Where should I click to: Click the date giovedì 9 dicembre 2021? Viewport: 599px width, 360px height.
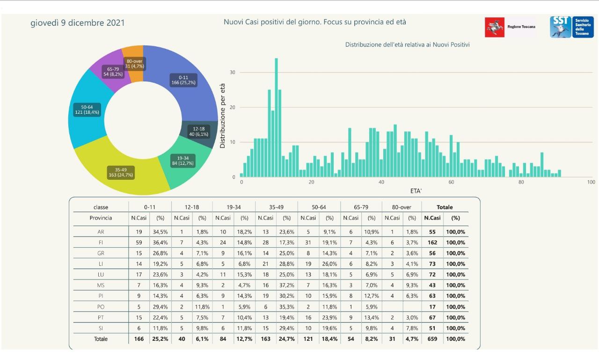[78, 22]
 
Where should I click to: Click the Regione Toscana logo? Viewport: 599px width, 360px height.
[511, 27]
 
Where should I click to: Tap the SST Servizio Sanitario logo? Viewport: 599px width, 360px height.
[571, 27]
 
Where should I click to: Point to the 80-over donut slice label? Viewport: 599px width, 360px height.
[134, 64]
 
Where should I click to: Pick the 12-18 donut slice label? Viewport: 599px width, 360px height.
[198, 132]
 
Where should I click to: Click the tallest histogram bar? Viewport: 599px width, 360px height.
[276, 117]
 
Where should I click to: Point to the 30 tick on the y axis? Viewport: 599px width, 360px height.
[232, 73]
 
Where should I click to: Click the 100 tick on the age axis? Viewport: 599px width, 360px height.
[591, 182]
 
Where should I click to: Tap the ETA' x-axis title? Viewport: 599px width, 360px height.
[416, 191]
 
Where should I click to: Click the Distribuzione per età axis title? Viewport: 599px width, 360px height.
[223, 116]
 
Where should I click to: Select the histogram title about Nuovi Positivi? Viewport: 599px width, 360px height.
[407, 45]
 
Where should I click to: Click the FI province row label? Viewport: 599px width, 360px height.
[101, 242]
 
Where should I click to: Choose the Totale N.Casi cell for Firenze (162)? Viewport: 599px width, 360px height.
[432, 242]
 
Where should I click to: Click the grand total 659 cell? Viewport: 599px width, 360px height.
[432, 339]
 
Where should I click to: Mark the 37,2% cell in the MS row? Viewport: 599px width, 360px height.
[287, 285]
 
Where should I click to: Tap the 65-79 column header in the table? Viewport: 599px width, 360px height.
[361, 207]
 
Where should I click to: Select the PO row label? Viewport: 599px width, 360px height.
[101, 307]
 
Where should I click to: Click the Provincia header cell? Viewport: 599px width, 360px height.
[101, 218]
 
